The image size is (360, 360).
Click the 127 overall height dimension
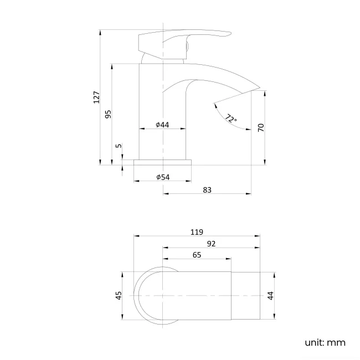coord(96,97)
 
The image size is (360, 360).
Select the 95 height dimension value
coord(109,114)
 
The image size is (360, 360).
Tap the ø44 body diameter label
coord(162,125)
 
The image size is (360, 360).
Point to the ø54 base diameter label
coord(163,177)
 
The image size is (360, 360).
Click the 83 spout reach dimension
coord(207,190)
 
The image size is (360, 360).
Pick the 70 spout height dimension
coord(261,127)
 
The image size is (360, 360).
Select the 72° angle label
coord(231,119)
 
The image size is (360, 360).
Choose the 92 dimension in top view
coord(210,244)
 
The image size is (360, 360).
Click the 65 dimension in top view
coord(196,255)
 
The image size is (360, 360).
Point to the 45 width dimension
coord(118,296)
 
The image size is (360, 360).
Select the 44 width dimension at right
coord(271,296)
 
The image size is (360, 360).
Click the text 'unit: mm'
coord(325,342)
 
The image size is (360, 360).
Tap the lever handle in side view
coord(183,39)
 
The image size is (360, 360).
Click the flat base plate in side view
coord(163,162)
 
